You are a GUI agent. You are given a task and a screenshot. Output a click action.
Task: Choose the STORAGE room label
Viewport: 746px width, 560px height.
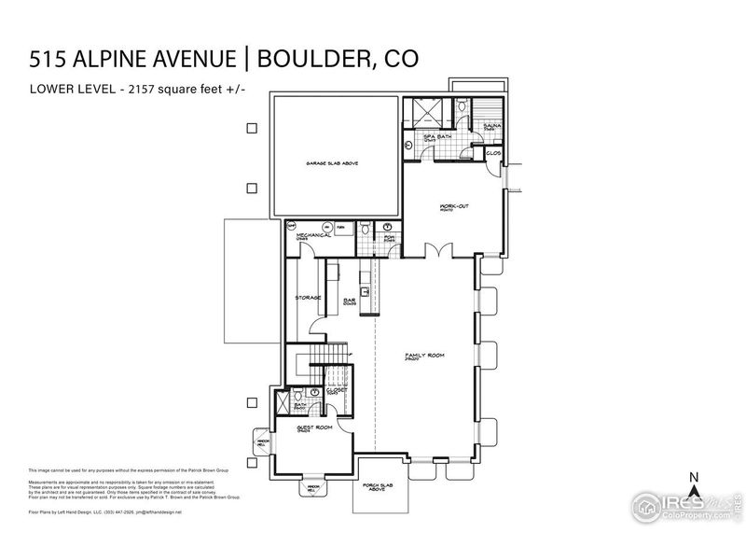tap(308, 298)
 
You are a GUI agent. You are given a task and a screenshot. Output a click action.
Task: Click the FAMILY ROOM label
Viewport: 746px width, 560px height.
tap(421, 356)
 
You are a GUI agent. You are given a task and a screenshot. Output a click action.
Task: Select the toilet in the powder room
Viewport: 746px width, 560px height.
tap(366, 229)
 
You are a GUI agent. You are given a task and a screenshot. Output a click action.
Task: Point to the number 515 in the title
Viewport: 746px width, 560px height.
tap(48, 59)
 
